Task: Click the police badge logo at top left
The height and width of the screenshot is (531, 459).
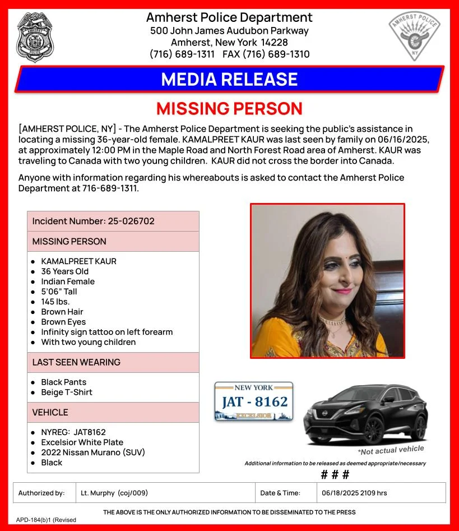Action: pos(35,37)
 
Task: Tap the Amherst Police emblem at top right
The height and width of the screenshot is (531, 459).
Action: pos(415,37)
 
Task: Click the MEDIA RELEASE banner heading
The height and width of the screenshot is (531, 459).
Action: pos(229,79)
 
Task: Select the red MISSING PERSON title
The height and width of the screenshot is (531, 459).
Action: pos(229,108)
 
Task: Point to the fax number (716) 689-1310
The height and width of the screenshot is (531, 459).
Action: pos(266,54)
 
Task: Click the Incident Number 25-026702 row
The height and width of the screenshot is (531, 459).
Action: pos(113,221)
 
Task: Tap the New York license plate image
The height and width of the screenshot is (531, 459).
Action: pos(254,401)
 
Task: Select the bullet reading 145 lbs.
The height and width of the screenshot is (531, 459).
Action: pos(55,302)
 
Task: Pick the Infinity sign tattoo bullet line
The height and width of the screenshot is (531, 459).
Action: pos(106,332)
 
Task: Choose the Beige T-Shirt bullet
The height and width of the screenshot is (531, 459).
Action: pos(66,392)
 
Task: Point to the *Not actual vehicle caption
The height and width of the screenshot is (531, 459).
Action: pos(391,450)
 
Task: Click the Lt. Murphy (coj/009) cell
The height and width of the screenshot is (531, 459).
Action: pos(114,493)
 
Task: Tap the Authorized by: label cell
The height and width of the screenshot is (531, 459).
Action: pos(41,493)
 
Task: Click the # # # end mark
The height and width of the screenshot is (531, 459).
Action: pos(335,474)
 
